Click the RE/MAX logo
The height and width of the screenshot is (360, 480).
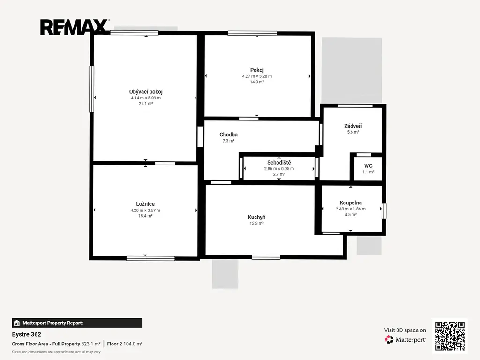point(75,27)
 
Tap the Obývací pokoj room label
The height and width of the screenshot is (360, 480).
point(146,91)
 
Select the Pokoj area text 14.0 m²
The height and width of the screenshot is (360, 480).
point(257,82)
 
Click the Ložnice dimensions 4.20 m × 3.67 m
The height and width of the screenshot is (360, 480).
point(145,210)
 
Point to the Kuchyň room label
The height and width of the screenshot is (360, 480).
point(256,217)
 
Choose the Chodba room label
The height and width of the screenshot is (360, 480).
point(228,135)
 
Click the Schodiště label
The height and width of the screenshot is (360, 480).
point(279,163)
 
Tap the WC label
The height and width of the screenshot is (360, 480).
point(368,166)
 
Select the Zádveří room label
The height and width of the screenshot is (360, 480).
point(353,126)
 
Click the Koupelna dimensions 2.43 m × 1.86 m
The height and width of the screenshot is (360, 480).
point(351,209)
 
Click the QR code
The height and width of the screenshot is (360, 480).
point(450,336)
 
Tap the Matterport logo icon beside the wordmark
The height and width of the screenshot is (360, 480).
point(389,339)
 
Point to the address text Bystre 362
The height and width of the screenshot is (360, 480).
point(27,334)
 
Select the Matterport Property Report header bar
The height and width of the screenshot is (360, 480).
point(77,323)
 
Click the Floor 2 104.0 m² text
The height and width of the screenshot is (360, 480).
point(125,344)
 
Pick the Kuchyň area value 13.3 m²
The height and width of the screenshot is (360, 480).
point(256,224)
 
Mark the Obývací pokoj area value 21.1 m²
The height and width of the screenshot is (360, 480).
point(146,104)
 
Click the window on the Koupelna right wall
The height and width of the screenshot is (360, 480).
point(384,211)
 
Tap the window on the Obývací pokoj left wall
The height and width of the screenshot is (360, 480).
point(91,89)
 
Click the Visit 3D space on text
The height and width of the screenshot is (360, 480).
point(405,330)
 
